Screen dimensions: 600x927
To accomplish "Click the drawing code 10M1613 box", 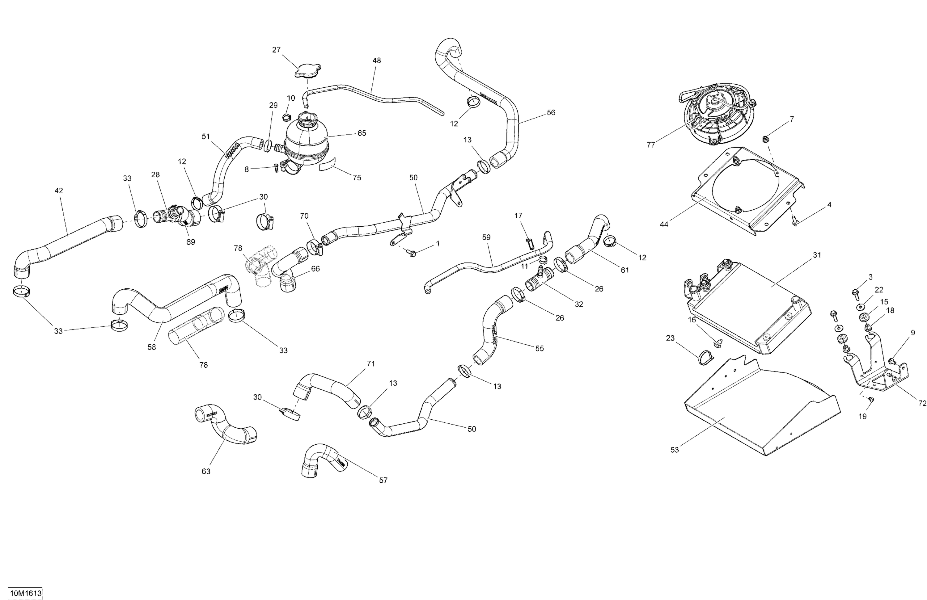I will [x=26, y=594].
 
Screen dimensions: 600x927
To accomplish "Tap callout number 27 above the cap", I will [x=276, y=50].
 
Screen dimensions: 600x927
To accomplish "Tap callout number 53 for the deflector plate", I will [x=675, y=450].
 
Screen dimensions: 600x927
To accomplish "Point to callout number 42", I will [x=58, y=191].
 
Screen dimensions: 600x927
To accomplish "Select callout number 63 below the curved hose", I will [x=206, y=472].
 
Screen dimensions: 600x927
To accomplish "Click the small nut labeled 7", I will [x=765, y=139].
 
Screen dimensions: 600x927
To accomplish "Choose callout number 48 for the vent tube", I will [x=377, y=61].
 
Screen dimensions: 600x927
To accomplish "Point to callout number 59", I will [x=486, y=237].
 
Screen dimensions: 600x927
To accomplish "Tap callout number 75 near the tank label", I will [x=357, y=178].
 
